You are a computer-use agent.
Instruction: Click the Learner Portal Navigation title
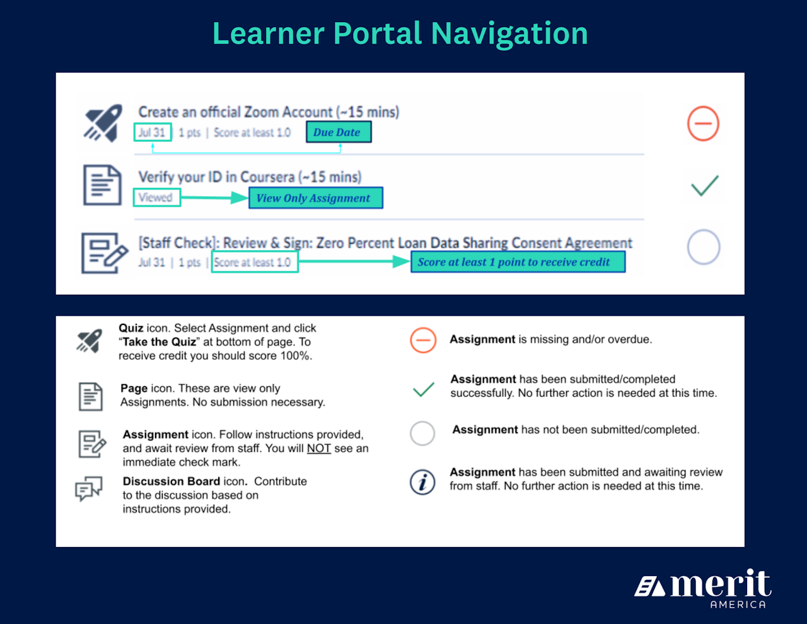pos(400,33)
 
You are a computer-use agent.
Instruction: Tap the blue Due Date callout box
pos(339,132)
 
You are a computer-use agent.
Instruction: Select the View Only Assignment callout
pos(315,197)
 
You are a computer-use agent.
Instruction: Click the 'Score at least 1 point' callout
pos(518,262)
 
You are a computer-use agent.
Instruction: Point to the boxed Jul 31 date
pos(153,132)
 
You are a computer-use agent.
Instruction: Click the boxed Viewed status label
pos(156,197)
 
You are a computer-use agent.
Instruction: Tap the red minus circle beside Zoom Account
pos(703,123)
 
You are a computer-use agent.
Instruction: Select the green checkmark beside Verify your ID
pos(704,185)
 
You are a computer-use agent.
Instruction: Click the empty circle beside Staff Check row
pos(704,247)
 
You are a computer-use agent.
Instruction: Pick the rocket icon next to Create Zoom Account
pos(103,123)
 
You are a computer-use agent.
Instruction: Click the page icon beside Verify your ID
pos(102,185)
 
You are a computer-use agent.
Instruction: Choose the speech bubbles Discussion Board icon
pos(89,488)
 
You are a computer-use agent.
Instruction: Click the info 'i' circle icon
pos(422,482)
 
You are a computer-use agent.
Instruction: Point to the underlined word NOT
pos(319,449)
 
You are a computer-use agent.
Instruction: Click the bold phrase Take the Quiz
pos(159,342)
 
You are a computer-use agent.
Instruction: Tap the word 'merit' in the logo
pos(720,584)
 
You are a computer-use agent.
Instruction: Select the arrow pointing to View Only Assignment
pos(214,197)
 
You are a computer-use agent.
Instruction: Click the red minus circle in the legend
pos(423,340)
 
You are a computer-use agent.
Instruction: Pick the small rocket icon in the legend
pos(89,341)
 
